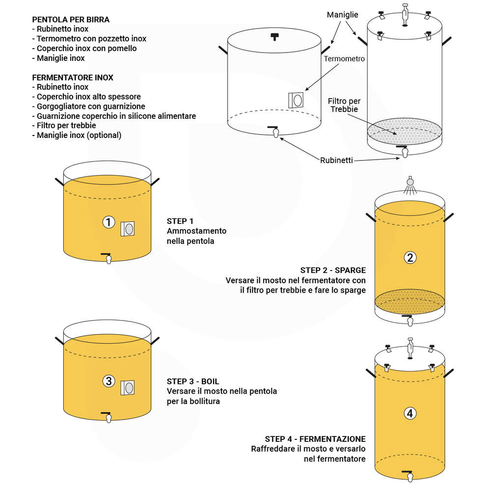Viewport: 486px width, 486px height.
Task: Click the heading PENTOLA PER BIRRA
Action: (x=71, y=20)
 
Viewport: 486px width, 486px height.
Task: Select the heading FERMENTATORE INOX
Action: (x=73, y=78)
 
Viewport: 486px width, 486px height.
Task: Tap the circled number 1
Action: (x=108, y=222)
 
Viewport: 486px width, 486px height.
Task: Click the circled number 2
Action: (x=410, y=257)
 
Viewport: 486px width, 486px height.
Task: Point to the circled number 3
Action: (x=108, y=380)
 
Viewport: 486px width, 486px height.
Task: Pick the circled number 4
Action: (x=410, y=413)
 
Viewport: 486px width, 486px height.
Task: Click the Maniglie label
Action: (x=342, y=15)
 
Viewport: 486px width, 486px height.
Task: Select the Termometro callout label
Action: (x=344, y=58)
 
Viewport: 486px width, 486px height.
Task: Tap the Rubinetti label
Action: (x=336, y=160)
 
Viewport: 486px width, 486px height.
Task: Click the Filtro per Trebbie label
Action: (x=344, y=105)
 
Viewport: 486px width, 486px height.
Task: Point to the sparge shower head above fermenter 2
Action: (x=410, y=184)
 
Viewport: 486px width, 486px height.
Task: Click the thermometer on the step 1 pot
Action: (x=128, y=229)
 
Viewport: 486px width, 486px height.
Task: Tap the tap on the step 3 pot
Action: (x=108, y=416)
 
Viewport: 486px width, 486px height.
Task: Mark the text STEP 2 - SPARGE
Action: (x=333, y=270)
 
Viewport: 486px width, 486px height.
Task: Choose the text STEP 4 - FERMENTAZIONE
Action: (x=315, y=439)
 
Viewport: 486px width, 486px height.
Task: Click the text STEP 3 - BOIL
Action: (x=193, y=381)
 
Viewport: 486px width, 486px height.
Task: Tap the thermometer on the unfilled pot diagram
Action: (x=297, y=100)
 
